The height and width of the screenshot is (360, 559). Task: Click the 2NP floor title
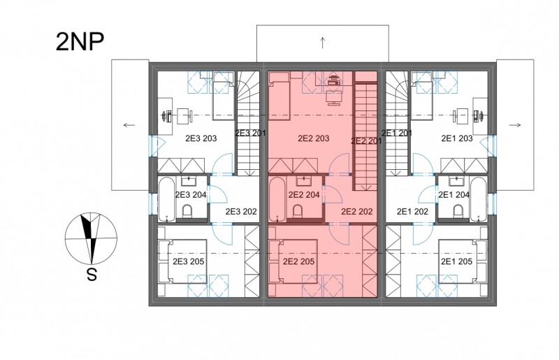pyautogui.click(x=80, y=42)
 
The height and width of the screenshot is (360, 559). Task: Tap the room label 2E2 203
pyautogui.click(x=313, y=138)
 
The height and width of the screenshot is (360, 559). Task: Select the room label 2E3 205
pyautogui.click(x=188, y=261)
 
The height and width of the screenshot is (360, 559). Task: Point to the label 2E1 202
pyautogui.click(x=412, y=212)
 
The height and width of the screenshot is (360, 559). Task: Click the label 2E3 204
pyautogui.click(x=191, y=195)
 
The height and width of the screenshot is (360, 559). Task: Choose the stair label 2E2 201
pyautogui.click(x=366, y=141)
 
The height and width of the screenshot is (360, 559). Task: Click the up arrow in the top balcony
pyautogui.click(x=323, y=43)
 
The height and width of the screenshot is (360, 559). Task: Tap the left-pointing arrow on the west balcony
pyautogui.click(x=129, y=125)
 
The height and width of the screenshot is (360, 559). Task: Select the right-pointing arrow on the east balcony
pyautogui.click(x=515, y=125)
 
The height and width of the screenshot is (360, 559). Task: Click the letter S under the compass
pyautogui.click(x=92, y=275)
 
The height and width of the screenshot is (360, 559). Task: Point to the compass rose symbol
pyautogui.click(x=91, y=238)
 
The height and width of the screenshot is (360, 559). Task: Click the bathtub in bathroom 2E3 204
pyautogui.click(x=166, y=199)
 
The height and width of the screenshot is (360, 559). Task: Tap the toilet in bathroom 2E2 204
pyautogui.click(x=297, y=212)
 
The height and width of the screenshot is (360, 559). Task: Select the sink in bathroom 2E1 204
pyautogui.click(x=456, y=182)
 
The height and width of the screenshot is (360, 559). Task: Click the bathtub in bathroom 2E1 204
pyautogui.click(x=478, y=199)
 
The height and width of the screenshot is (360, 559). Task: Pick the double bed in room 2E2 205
pyautogui.click(x=293, y=261)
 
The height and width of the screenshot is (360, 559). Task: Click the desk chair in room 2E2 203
pyautogui.click(x=335, y=96)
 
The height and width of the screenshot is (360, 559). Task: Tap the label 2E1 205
pyautogui.click(x=457, y=261)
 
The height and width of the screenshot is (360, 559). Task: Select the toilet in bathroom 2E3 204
pyautogui.click(x=187, y=212)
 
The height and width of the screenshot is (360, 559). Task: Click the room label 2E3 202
pyautogui.click(x=241, y=212)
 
